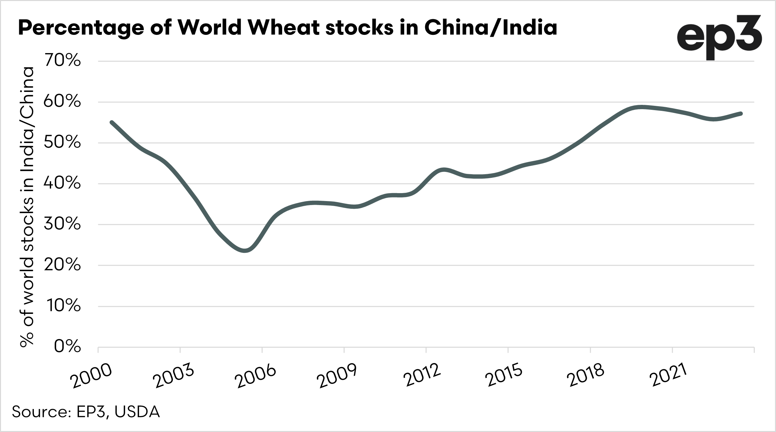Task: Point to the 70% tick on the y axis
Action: pyautogui.click(x=62, y=61)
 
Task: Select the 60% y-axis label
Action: pyautogui.click(x=62, y=102)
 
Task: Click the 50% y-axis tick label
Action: pyautogui.click(x=62, y=143)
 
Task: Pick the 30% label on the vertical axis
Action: pyautogui.click(x=62, y=225)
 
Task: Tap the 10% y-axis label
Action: pyautogui.click(x=63, y=306)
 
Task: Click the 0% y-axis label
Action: pyautogui.click(x=67, y=347)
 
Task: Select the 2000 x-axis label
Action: pyautogui.click(x=92, y=376)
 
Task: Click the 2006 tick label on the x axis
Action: pyautogui.click(x=256, y=376)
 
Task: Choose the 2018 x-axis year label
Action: pyautogui.click(x=585, y=376)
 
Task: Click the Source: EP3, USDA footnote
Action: pyautogui.click(x=86, y=412)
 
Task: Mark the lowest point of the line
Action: pyautogui.click(x=245, y=251)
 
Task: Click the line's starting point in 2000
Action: pyautogui.click(x=112, y=122)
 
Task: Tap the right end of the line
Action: pyautogui.click(x=741, y=113)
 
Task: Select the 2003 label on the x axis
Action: pyautogui.click(x=174, y=376)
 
